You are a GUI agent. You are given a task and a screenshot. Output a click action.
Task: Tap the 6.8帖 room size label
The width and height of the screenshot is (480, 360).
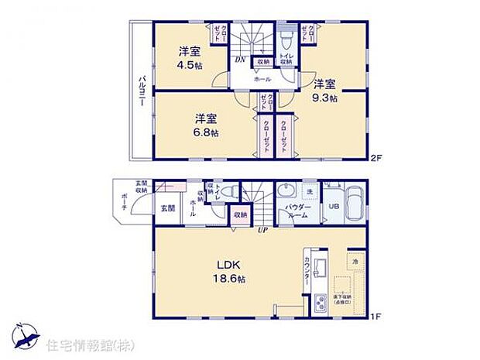pyautogui.click(x=206, y=132)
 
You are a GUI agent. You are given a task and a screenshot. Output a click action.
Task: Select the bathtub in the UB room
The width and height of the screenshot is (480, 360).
pyautogui.click(x=355, y=205)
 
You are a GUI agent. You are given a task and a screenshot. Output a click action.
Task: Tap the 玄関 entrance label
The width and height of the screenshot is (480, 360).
pyautogui.click(x=168, y=208)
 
